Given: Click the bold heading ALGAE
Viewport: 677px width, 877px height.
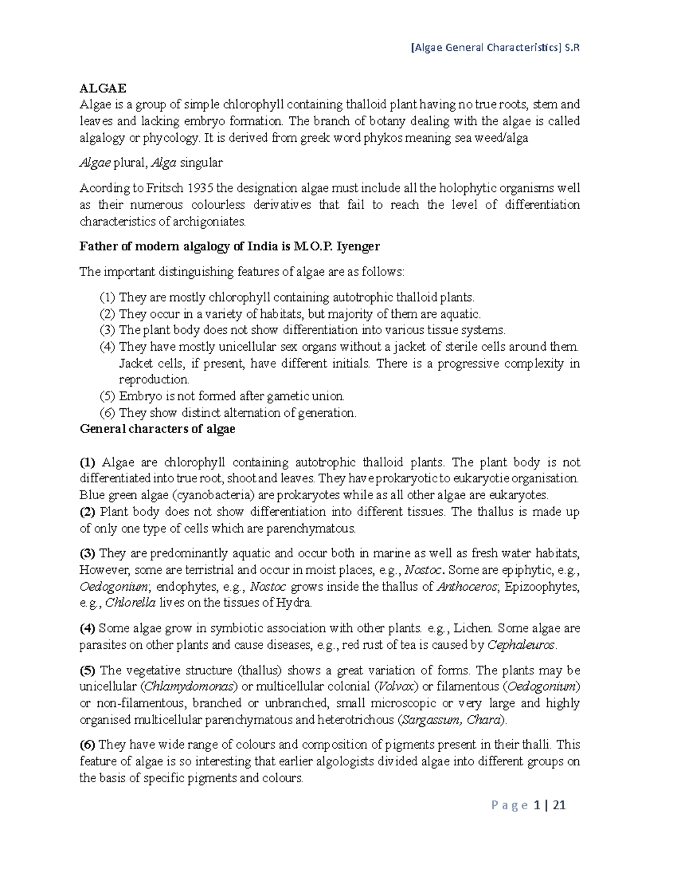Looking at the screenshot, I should point(103,88).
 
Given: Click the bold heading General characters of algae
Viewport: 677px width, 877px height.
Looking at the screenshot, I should point(157,429).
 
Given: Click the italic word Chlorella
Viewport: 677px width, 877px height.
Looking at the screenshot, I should point(130,603).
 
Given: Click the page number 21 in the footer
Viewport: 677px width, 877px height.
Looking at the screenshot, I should point(559,806).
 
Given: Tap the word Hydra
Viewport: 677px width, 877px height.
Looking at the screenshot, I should point(293,603).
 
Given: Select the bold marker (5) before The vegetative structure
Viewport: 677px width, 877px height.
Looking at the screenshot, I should point(87,671).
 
